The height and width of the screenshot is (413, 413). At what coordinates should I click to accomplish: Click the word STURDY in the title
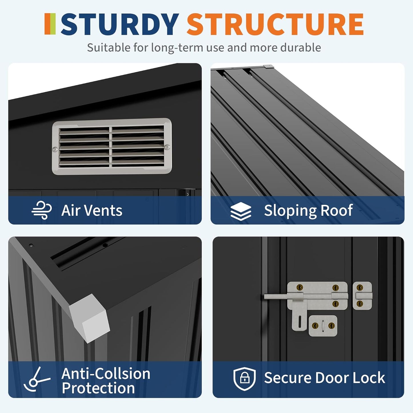tap(120, 24)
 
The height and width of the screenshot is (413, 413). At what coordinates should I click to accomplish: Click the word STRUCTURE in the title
tap(275, 24)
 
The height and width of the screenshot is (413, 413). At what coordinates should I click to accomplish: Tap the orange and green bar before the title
tap(50, 24)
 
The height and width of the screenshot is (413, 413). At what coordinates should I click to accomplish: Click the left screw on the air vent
tap(55, 149)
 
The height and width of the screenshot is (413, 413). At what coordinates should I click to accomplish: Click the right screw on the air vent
tap(167, 147)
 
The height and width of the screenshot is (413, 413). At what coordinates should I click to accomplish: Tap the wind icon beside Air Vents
tap(42, 210)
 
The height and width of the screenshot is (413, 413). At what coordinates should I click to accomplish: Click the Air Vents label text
tap(92, 211)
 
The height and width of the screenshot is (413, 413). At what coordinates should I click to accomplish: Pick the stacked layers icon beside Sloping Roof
tap(241, 211)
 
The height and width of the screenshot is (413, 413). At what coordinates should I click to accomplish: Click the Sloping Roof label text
tap(308, 211)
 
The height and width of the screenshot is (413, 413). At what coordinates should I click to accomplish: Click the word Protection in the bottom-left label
tap(98, 388)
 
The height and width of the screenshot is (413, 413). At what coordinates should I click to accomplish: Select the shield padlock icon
tap(244, 378)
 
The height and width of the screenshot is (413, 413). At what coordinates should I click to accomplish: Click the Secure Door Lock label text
tap(324, 378)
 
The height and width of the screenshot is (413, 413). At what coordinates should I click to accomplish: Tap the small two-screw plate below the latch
tap(323, 326)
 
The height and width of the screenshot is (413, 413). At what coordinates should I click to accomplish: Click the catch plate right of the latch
tap(362, 296)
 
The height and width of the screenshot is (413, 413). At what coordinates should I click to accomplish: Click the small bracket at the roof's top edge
tap(268, 66)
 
